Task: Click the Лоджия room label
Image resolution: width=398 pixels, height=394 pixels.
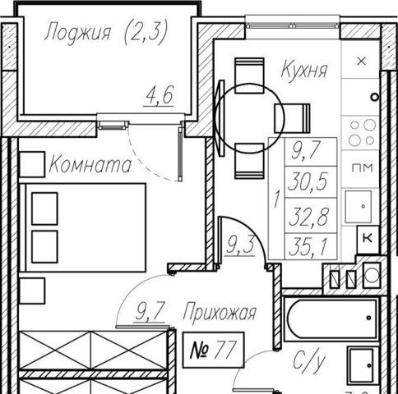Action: [78, 32]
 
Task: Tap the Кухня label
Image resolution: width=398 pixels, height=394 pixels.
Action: [304, 69]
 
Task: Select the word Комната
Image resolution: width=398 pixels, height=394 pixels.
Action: [90, 164]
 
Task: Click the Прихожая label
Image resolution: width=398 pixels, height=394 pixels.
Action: [220, 313]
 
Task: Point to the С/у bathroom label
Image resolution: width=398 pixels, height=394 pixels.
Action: [309, 362]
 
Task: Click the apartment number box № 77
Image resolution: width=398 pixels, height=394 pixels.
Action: [213, 350]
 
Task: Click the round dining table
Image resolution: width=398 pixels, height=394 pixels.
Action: [250, 117]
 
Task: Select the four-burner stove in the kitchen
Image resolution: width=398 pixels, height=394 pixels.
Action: [361, 133]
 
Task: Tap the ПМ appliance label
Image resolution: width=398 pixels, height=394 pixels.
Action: [363, 167]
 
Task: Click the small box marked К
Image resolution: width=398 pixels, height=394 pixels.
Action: [368, 240]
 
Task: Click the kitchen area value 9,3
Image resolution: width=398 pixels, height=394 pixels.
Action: [240, 245]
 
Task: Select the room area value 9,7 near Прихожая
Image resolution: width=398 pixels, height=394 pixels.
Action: [150, 312]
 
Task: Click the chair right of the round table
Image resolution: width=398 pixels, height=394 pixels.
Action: [292, 118]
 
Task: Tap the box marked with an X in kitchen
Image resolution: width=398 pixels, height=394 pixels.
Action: [361, 62]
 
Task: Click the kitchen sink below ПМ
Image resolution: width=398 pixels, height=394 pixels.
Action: [358, 207]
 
